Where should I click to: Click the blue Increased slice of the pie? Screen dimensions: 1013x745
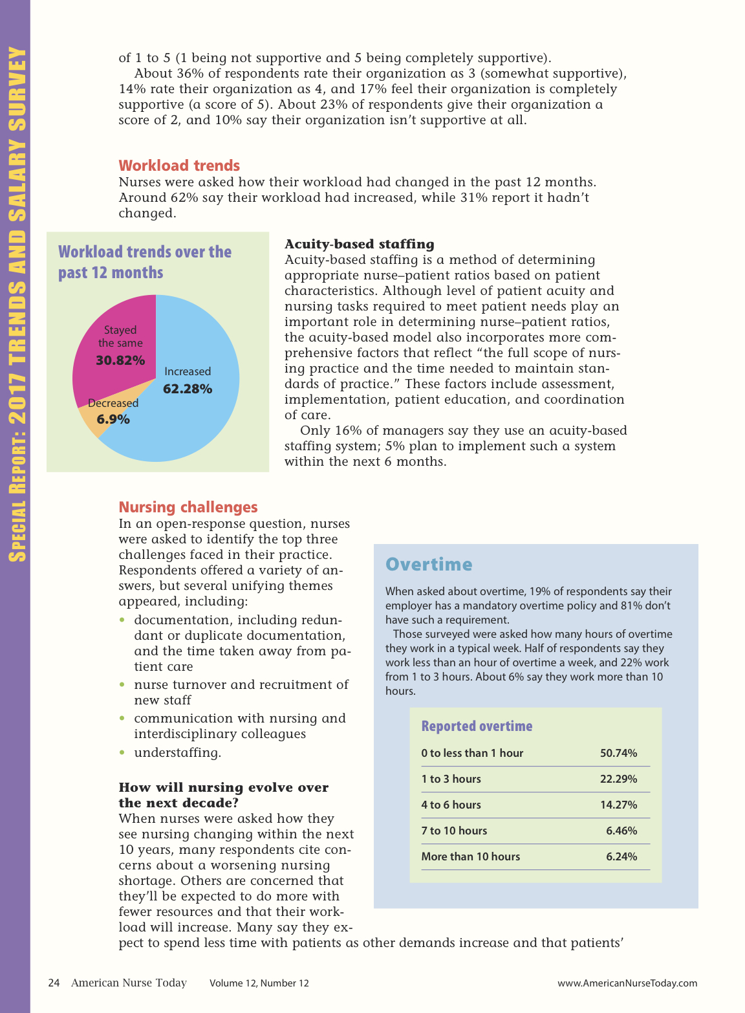pos(194,420)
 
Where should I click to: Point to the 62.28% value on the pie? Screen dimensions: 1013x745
pos(188,389)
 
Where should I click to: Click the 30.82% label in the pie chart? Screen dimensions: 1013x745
pos(120,360)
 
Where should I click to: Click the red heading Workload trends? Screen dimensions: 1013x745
pos(179,166)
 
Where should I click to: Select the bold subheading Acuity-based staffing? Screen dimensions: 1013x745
pos(359,244)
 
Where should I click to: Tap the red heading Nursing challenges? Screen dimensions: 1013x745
pos(188,507)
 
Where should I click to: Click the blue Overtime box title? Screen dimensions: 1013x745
pos(429,564)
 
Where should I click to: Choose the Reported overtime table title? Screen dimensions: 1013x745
pos(477,726)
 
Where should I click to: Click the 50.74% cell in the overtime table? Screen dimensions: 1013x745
pos(618,753)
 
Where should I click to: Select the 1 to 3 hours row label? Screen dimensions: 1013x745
pos(451,779)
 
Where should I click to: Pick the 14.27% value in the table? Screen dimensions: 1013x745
pos(618,805)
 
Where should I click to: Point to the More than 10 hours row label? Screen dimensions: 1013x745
pos(470,856)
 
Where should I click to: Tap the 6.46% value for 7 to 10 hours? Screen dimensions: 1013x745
pos(621,831)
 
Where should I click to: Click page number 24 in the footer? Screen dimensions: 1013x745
pos(54,983)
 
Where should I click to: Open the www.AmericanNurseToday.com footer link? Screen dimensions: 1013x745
pos(627,983)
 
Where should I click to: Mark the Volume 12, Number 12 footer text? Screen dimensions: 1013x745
pos(259,983)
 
